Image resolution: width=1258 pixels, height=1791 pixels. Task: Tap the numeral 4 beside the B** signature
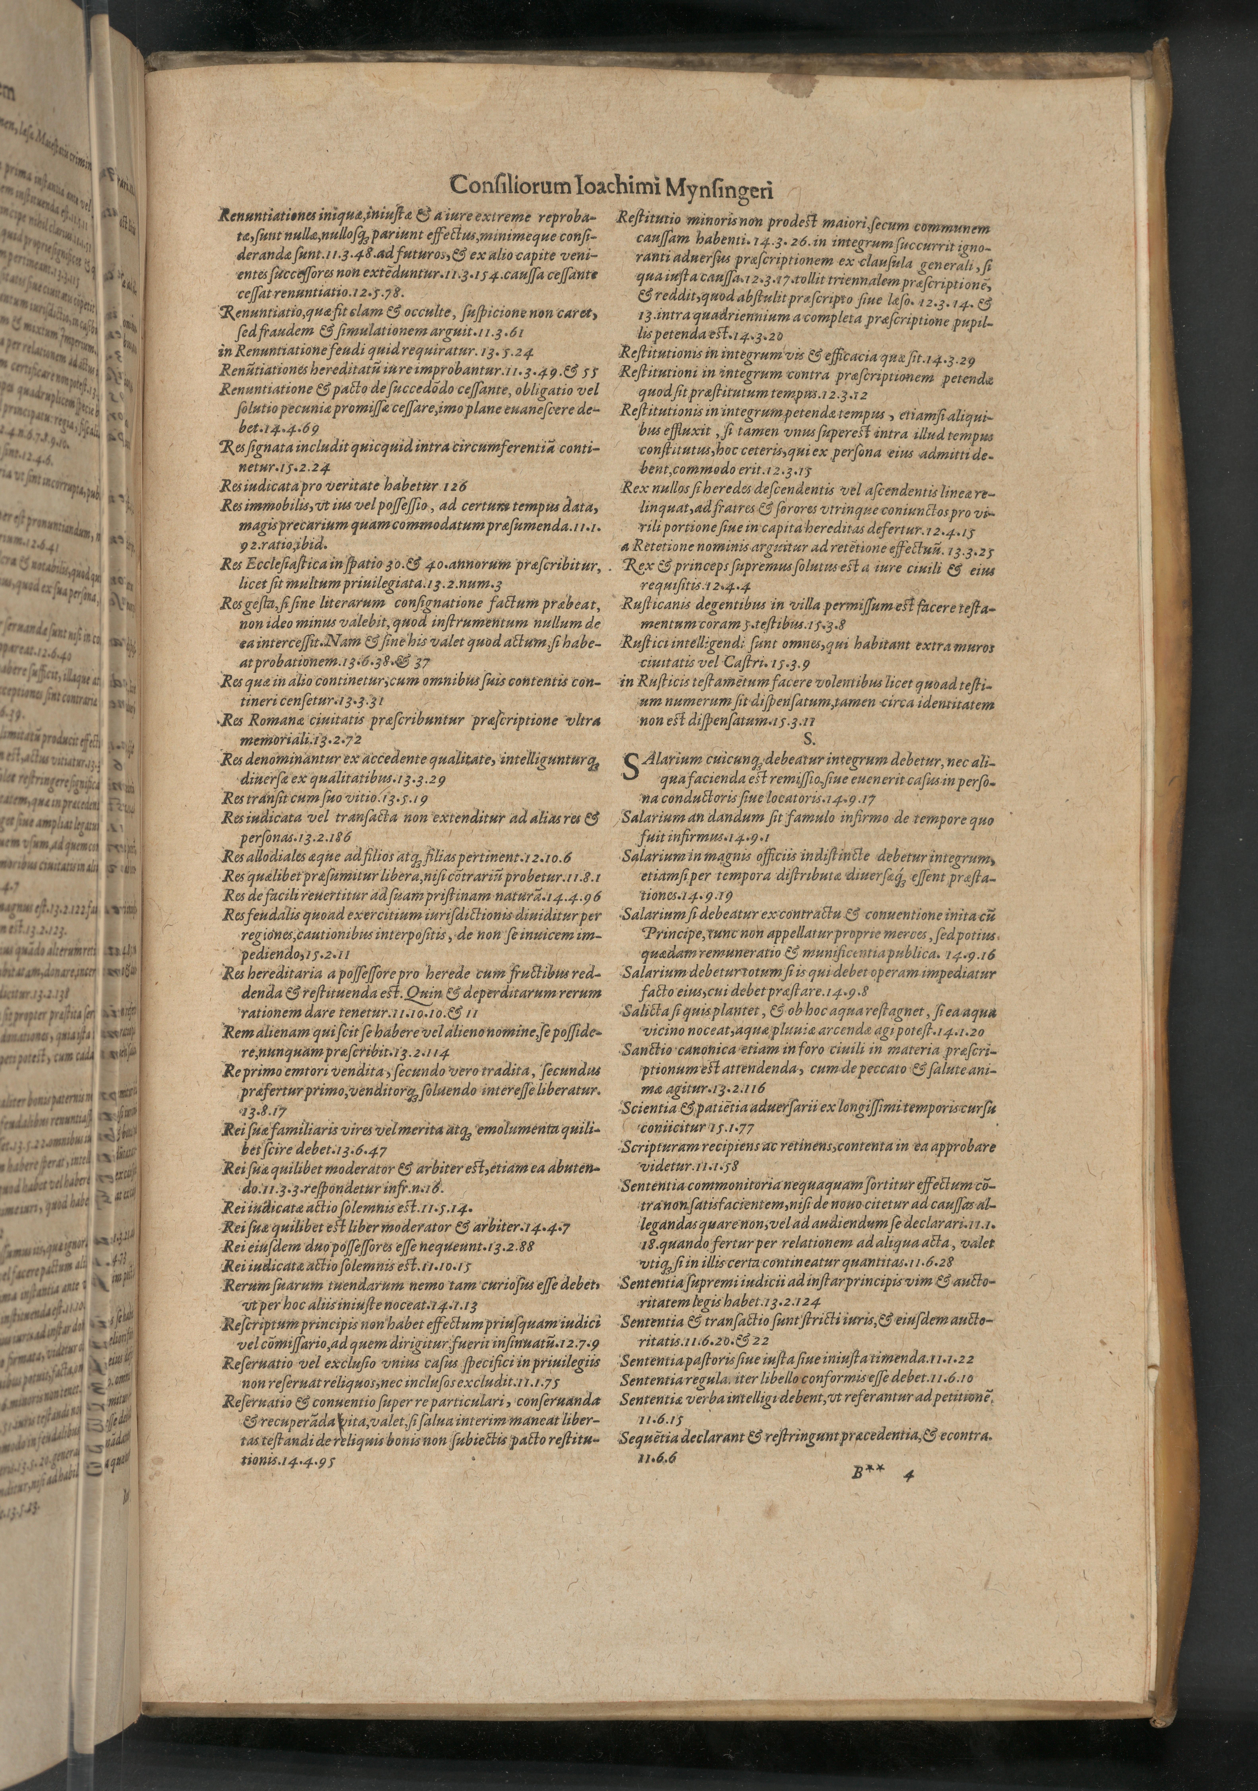pyautogui.click(x=905, y=1473)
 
